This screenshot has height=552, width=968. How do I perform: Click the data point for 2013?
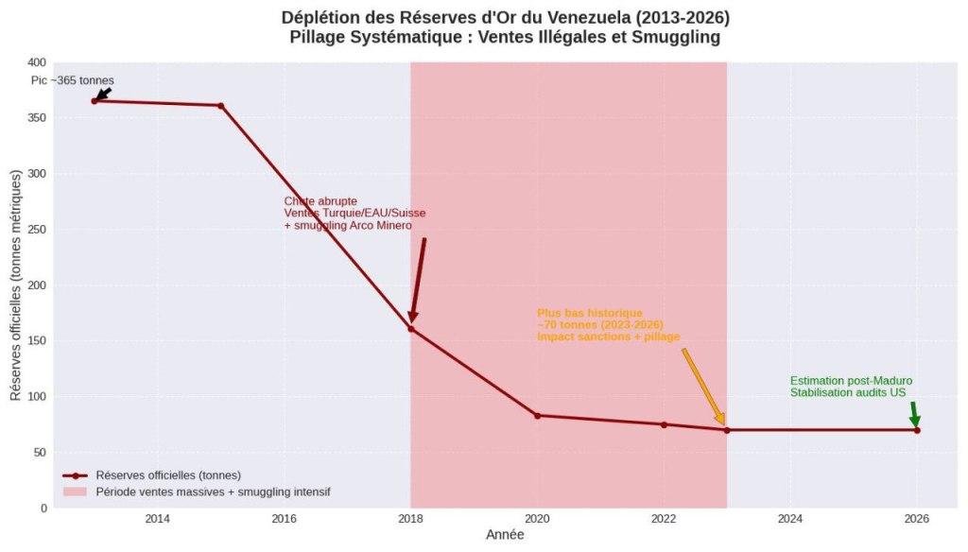(x=95, y=101)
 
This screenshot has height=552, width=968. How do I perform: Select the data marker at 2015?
(x=221, y=106)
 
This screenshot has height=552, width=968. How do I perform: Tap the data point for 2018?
(x=411, y=329)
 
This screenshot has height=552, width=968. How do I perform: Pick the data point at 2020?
(x=537, y=416)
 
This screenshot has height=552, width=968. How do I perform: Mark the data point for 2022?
(x=664, y=424)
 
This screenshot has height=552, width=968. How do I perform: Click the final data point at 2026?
(x=917, y=430)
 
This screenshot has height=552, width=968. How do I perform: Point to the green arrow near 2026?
(x=913, y=415)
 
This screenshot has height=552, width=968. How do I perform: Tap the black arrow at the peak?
(x=104, y=93)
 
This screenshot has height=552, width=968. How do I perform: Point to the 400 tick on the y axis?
(x=38, y=62)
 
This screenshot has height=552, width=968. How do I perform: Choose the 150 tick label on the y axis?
(x=38, y=341)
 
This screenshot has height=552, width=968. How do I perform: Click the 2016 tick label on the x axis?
(x=285, y=518)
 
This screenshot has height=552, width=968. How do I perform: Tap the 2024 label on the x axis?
(x=790, y=518)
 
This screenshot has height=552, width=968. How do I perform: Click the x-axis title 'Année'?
(x=505, y=535)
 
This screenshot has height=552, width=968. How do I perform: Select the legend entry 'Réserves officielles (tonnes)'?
(x=167, y=475)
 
